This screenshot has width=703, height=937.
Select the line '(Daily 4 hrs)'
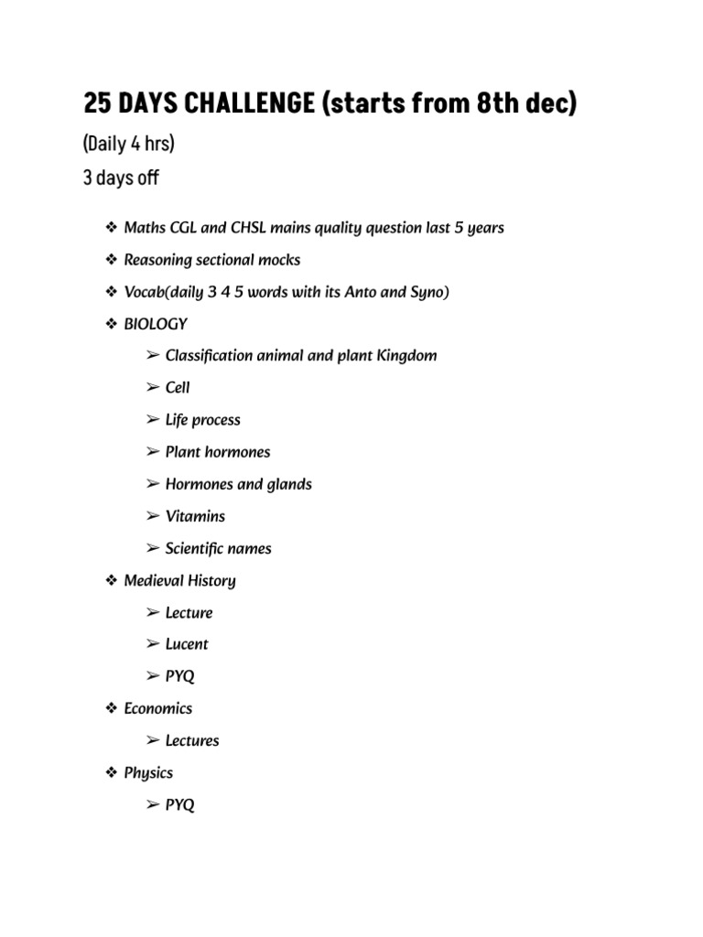tap(129, 145)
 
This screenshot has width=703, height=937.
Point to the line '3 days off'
tap(121, 178)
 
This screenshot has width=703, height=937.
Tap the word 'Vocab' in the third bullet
tap(145, 292)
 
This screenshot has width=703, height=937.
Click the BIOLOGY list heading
tap(156, 324)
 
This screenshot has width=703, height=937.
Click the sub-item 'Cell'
tap(178, 387)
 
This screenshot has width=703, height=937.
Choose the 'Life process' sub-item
tap(202, 420)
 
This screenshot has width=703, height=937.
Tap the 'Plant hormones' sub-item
tap(217, 452)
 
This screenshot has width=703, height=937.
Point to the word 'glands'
tap(288, 484)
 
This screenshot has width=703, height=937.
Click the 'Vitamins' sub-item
tap(195, 516)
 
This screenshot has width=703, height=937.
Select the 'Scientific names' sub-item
tap(218, 549)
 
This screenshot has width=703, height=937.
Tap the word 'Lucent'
tap(187, 644)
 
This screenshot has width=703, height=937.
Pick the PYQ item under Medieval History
tap(179, 676)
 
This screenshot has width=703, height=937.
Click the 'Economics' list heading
tap(158, 708)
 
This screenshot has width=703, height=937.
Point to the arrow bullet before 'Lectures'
tap(152, 740)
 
